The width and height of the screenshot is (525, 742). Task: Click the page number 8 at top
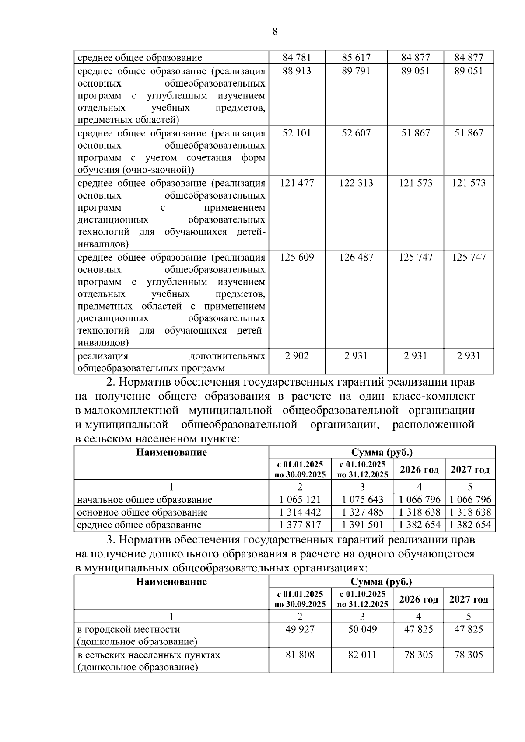pos(275,31)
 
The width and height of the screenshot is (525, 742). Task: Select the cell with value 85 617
pos(356,57)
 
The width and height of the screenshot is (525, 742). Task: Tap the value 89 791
pos(356,71)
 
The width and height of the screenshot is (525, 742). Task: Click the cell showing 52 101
pos(297,133)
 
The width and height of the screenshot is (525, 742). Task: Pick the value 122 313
pos(356,183)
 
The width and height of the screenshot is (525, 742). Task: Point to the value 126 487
pos(356,257)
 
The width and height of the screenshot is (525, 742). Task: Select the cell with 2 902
pos(297,356)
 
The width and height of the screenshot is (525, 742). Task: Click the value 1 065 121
pos(300,499)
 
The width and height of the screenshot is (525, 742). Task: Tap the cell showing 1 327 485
pos(362,512)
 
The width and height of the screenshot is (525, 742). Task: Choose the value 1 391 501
pos(362,525)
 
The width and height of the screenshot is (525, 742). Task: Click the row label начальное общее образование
pos(144,499)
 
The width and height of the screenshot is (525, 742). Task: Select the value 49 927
pos(300,629)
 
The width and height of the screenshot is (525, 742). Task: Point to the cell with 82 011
pos(362,655)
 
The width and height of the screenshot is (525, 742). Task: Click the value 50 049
pos(362,629)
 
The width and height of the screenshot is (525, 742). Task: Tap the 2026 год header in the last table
pos(418,599)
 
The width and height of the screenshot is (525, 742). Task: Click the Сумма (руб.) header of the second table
pos(381,452)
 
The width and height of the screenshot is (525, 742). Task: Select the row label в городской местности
pos(129,629)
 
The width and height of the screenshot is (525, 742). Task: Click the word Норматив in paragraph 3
pos(144,540)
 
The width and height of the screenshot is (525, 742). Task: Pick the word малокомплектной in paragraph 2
pos(131,411)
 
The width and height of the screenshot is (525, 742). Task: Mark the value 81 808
pos(300,655)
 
